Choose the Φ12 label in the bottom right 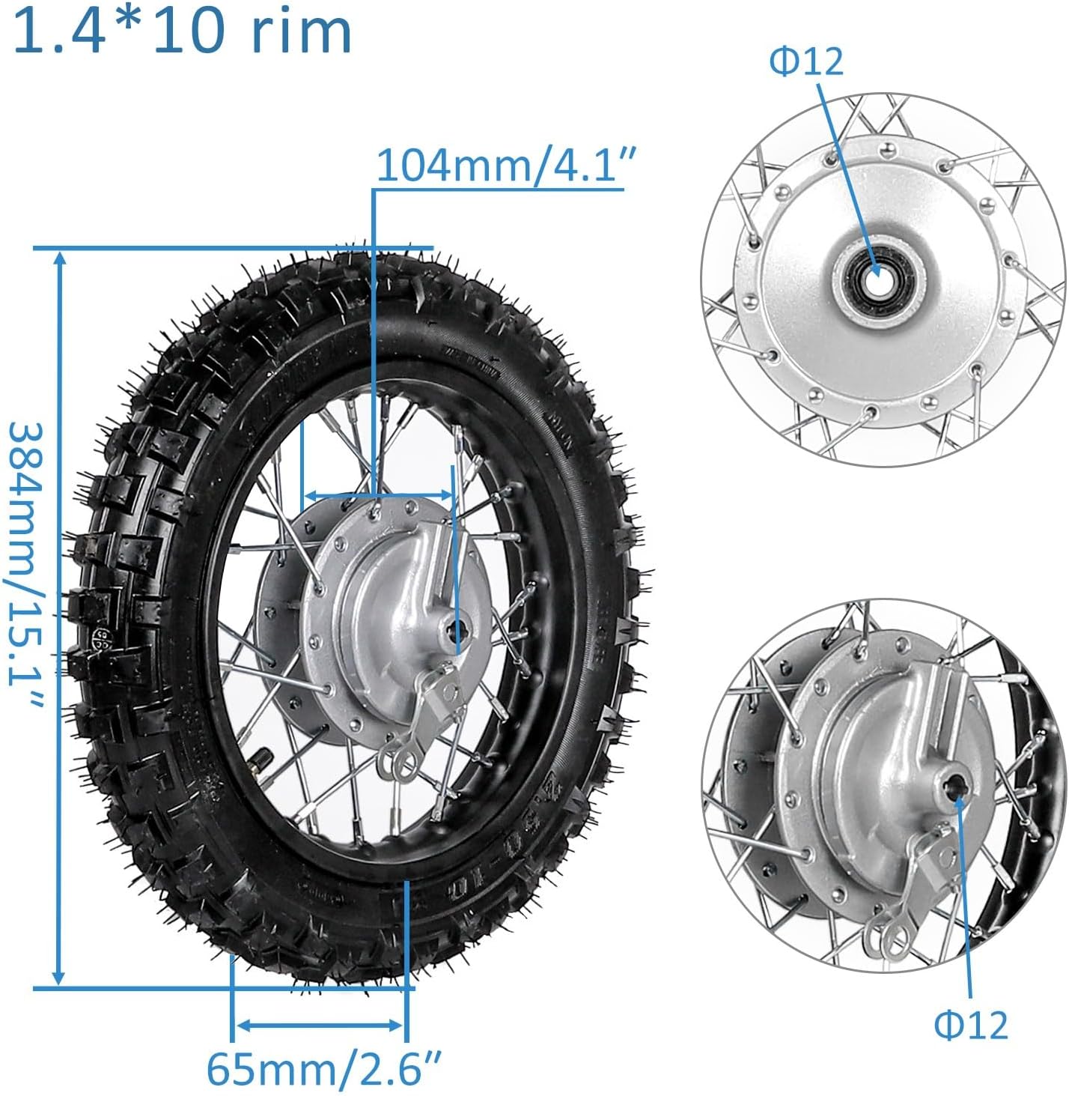tap(971, 1024)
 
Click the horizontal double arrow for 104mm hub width tap(378, 495)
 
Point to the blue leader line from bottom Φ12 tap(963, 899)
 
